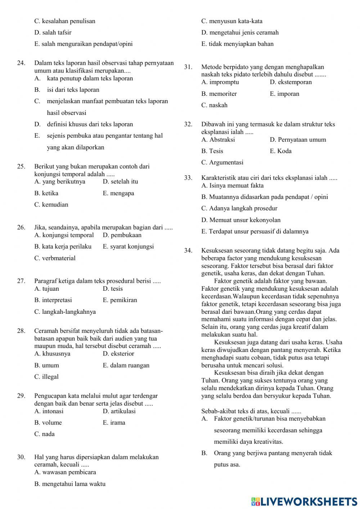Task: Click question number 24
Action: point(21,63)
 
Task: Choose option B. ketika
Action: point(46,193)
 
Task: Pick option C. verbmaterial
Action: point(55,258)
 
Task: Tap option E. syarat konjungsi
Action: point(128,246)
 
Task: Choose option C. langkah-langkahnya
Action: point(65,312)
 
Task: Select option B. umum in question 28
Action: point(46,365)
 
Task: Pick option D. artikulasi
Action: point(119,411)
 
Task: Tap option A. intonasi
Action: point(49,411)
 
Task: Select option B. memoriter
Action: point(219,94)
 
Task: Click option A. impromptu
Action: point(220,82)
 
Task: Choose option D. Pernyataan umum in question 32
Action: point(298,139)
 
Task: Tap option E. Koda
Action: point(280,151)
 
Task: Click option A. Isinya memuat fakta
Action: point(232,186)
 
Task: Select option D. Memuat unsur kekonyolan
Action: point(241,220)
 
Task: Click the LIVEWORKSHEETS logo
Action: point(304,501)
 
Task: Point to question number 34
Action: point(188,251)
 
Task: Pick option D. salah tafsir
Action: point(53,32)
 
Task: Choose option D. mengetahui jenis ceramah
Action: point(240,32)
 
